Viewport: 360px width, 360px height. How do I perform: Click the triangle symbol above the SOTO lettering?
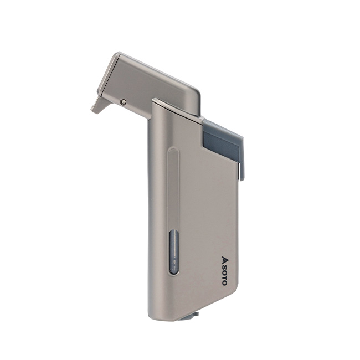(225, 259)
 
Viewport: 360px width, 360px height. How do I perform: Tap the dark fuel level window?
(174, 253)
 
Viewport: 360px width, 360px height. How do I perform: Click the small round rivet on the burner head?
(124, 102)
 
